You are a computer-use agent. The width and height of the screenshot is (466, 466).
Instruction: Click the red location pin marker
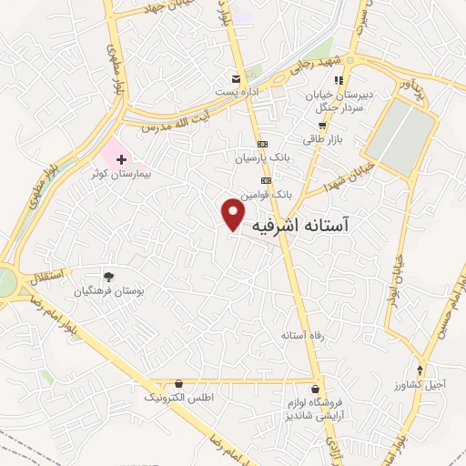tap(234, 214)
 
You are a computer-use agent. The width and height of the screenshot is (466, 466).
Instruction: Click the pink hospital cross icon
tap(122, 158)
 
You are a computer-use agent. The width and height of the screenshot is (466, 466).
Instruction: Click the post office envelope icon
tap(237, 79)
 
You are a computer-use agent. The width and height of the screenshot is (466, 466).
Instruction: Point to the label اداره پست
tap(237, 92)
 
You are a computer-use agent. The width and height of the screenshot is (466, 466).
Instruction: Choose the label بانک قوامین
tap(266, 194)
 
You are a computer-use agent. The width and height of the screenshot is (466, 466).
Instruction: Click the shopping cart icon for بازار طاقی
tap(321, 126)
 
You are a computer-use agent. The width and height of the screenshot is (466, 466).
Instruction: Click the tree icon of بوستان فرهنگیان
tap(109, 277)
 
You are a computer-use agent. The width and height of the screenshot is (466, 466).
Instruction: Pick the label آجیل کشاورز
tap(419, 383)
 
